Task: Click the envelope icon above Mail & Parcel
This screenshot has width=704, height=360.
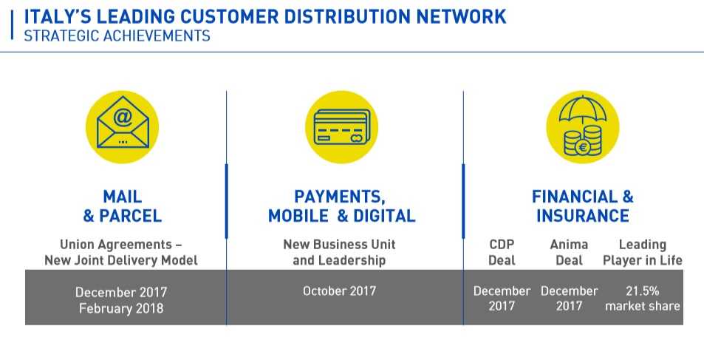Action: point(123,122)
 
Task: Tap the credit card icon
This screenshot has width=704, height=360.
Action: point(342,126)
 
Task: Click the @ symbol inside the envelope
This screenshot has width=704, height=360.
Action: point(123,118)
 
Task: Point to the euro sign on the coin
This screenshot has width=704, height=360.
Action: point(584,146)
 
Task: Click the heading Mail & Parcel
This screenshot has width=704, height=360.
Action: point(122,206)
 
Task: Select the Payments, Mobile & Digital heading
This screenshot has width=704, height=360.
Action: point(341,206)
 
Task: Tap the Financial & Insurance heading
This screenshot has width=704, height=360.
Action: point(582,206)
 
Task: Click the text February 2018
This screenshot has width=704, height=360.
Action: point(121,309)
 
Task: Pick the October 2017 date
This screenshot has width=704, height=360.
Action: point(339,291)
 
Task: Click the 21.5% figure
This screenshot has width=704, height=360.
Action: point(643,291)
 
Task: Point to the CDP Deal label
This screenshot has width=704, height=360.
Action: point(502,253)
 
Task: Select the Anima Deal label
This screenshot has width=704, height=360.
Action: point(569,253)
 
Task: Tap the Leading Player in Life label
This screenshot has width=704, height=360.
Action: point(643,253)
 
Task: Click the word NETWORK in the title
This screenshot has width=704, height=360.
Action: point(461,17)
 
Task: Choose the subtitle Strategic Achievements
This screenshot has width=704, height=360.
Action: point(117,36)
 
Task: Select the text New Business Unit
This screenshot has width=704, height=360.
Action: point(339,245)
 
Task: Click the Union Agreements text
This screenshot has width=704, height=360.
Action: point(116,245)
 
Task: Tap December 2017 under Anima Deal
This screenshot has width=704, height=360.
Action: point(569,299)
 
